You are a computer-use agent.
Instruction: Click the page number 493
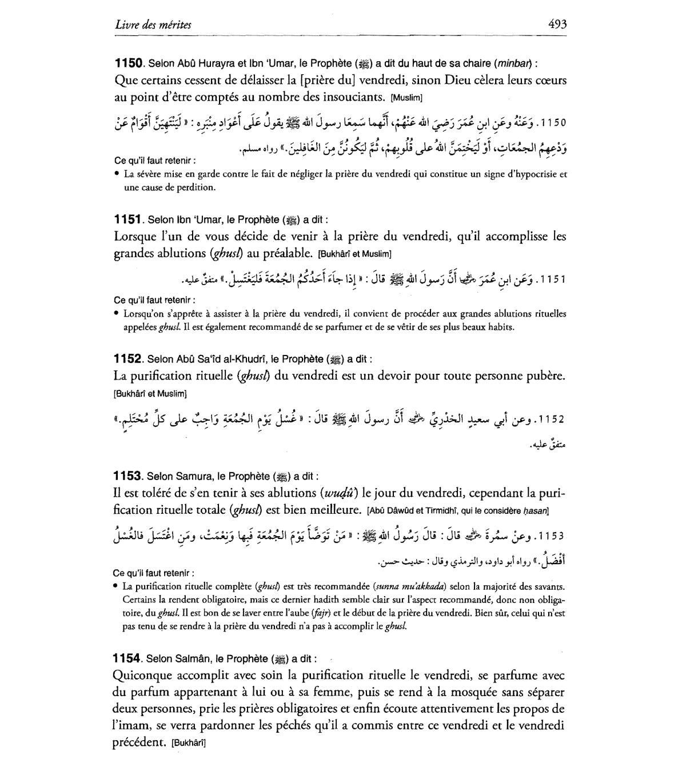tap(556, 25)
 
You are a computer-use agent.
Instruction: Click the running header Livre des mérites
tap(153, 25)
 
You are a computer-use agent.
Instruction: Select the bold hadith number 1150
tap(129, 63)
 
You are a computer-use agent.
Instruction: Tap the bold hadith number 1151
tap(128, 219)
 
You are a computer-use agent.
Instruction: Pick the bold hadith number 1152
tap(128, 359)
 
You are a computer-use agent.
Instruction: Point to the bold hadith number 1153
tap(128, 476)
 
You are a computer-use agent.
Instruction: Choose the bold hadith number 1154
tap(128, 658)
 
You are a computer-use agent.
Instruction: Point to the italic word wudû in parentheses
tap(340, 493)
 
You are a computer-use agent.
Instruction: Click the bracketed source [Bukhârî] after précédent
tap(189, 744)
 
